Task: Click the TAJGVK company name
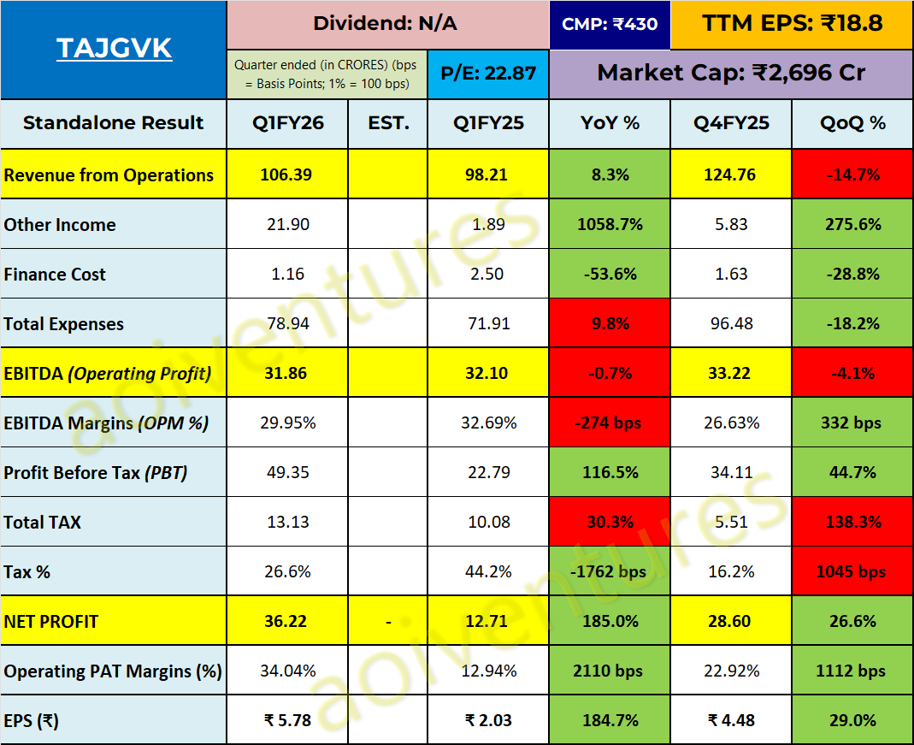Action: click(114, 49)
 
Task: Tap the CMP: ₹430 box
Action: click(610, 24)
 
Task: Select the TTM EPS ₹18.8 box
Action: click(792, 24)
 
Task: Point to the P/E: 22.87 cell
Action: click(488, 74)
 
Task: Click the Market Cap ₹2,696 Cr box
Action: click(731, 74)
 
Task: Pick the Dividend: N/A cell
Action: click(385, 24)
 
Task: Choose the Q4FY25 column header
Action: click(732, 123)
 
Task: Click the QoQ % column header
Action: click(852, 123)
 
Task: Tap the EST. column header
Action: click(388, 123)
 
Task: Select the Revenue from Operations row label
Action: click(109, 175)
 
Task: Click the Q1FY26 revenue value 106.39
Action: click(287, 175)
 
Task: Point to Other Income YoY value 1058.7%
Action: click(610, 225)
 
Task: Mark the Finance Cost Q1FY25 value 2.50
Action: click(488, 275)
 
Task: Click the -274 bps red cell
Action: click(610, 423)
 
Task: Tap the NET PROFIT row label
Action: click(51, 622)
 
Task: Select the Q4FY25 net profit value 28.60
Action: click(732, 622)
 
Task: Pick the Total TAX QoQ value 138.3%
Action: click(852, 523)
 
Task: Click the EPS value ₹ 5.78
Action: click(287, 721)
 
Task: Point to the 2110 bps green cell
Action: click(610, 671)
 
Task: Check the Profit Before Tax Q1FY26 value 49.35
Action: click(287, 473)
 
